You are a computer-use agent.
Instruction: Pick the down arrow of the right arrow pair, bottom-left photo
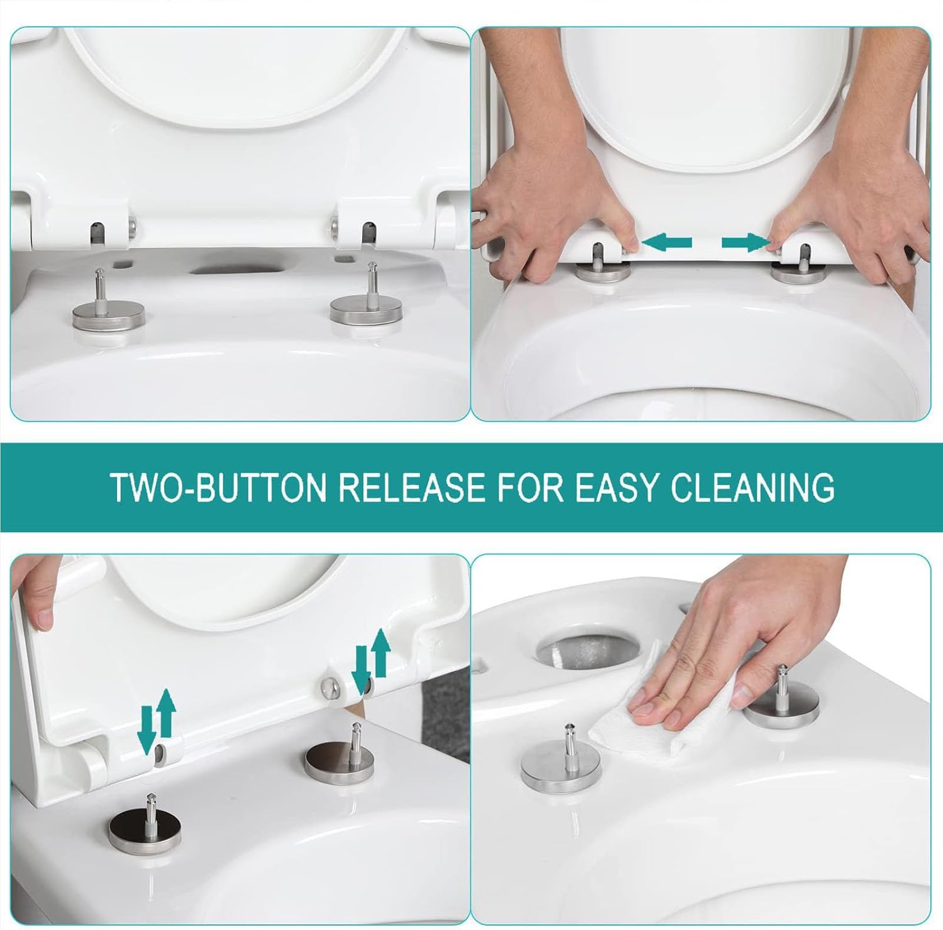coord(360,675)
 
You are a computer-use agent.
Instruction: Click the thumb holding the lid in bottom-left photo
coord(43,614)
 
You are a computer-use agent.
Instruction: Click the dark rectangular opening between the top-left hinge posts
coord(235,269)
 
